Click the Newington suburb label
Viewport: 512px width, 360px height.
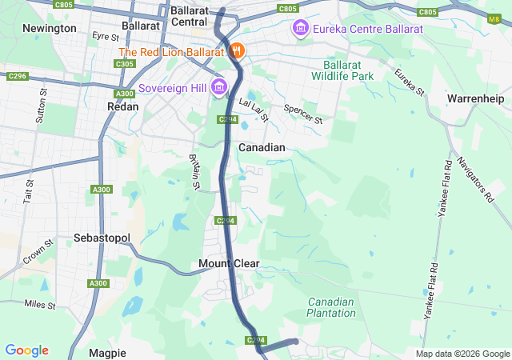click(x=50, y=28)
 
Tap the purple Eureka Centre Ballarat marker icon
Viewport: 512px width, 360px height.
click(x=301, y=29)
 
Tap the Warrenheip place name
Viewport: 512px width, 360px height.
click(x=475, y=98)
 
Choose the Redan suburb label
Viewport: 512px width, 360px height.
click(x=123, y=106)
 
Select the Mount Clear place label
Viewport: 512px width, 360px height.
click(x=229, y=263)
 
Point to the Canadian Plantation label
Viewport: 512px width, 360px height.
click(x=331, y=307)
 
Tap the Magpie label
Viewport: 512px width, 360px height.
click(x=107, y=353)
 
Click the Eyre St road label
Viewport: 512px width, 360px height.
click(x=105, y=36)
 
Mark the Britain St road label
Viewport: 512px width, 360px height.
click(x=194, y=172)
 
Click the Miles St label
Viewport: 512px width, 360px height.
click(x=40, y=305)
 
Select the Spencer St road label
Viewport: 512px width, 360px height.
click(x=303, y=114)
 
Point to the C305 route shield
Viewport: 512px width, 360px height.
click(x=124, y=63)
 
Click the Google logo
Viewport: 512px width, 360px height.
click(x=26, y=350)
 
